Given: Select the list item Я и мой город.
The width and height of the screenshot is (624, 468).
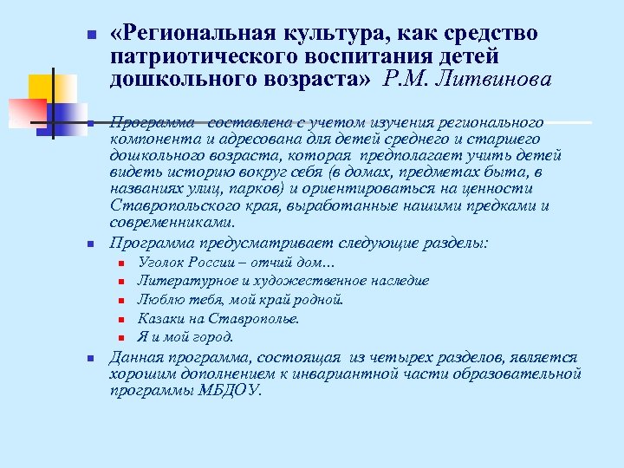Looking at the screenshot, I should tap(185, 338).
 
